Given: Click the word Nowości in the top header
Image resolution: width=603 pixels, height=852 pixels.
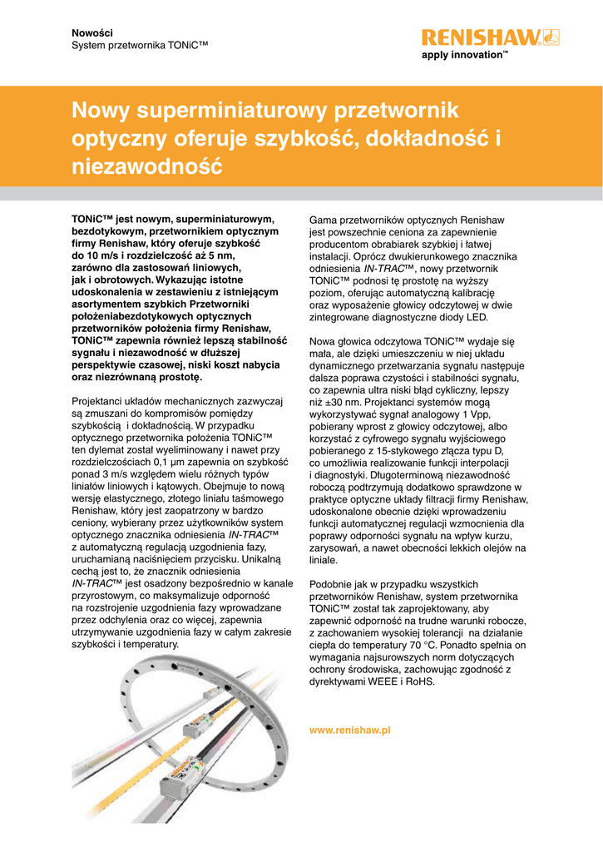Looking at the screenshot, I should point(92,31).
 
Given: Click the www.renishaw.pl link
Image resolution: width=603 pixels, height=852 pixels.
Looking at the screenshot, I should point(349,729).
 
